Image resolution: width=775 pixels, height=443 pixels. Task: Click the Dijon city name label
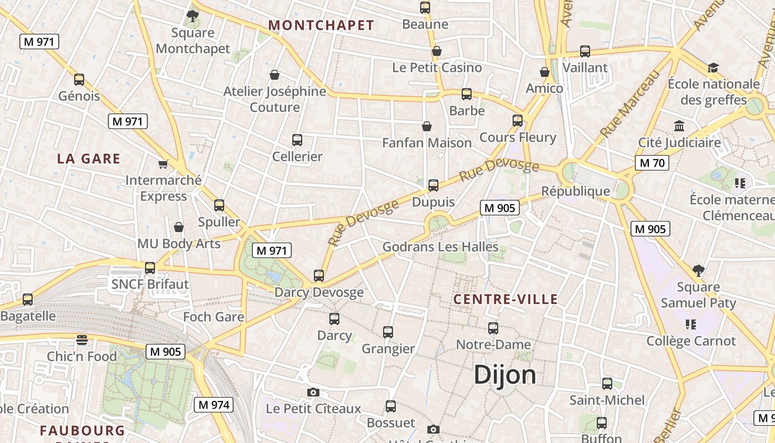click(x=505, y=375)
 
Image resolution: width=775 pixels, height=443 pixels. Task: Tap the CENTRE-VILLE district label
click(x=505, y=300)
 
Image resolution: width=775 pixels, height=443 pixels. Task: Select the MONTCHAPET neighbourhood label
click(x=321, y=25)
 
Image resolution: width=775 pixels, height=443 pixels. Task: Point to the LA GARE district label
click(x=89, y=159)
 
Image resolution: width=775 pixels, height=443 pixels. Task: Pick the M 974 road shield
click(x=214, y=405)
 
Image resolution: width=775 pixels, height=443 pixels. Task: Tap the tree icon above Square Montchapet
click(x=193, y=16)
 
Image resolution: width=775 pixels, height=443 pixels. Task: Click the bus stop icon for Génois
click(x=79, y=80)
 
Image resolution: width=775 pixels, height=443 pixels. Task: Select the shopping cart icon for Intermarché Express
click(x=163, y=164)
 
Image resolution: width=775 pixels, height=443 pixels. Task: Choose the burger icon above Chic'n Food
click(x=82, y=339)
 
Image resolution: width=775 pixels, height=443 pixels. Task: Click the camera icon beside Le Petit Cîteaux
click(x=313, y=393)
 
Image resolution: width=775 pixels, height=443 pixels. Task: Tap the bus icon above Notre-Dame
click(x=493, y=328)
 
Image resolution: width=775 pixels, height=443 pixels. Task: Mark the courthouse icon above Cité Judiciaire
click(x=679, y=126)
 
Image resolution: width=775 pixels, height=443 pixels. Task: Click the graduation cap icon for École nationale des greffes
click(x=713, y=68)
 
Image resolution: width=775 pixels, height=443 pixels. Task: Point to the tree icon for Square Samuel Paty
click(x=698, y=271)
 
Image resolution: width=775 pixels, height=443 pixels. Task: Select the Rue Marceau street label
click(x=631, y=104)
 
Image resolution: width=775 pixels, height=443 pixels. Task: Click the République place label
click(x=575, y=192)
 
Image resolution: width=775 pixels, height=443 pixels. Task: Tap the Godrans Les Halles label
click(x=441, y=247)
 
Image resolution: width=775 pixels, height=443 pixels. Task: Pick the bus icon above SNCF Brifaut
click(x=150, y=268)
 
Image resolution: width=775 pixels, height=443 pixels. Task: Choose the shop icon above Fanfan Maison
click(x=427, y=127)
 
